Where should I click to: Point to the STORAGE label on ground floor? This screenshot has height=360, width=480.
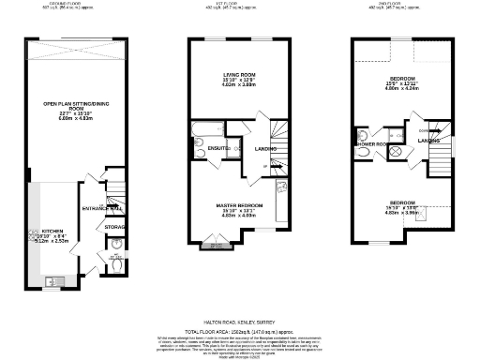pos(115,226)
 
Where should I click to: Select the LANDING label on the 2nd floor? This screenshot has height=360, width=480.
pos(428,142)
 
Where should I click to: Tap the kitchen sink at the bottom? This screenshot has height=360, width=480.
pos(52,279)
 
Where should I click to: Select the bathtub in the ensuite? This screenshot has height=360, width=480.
pos(204,127)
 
